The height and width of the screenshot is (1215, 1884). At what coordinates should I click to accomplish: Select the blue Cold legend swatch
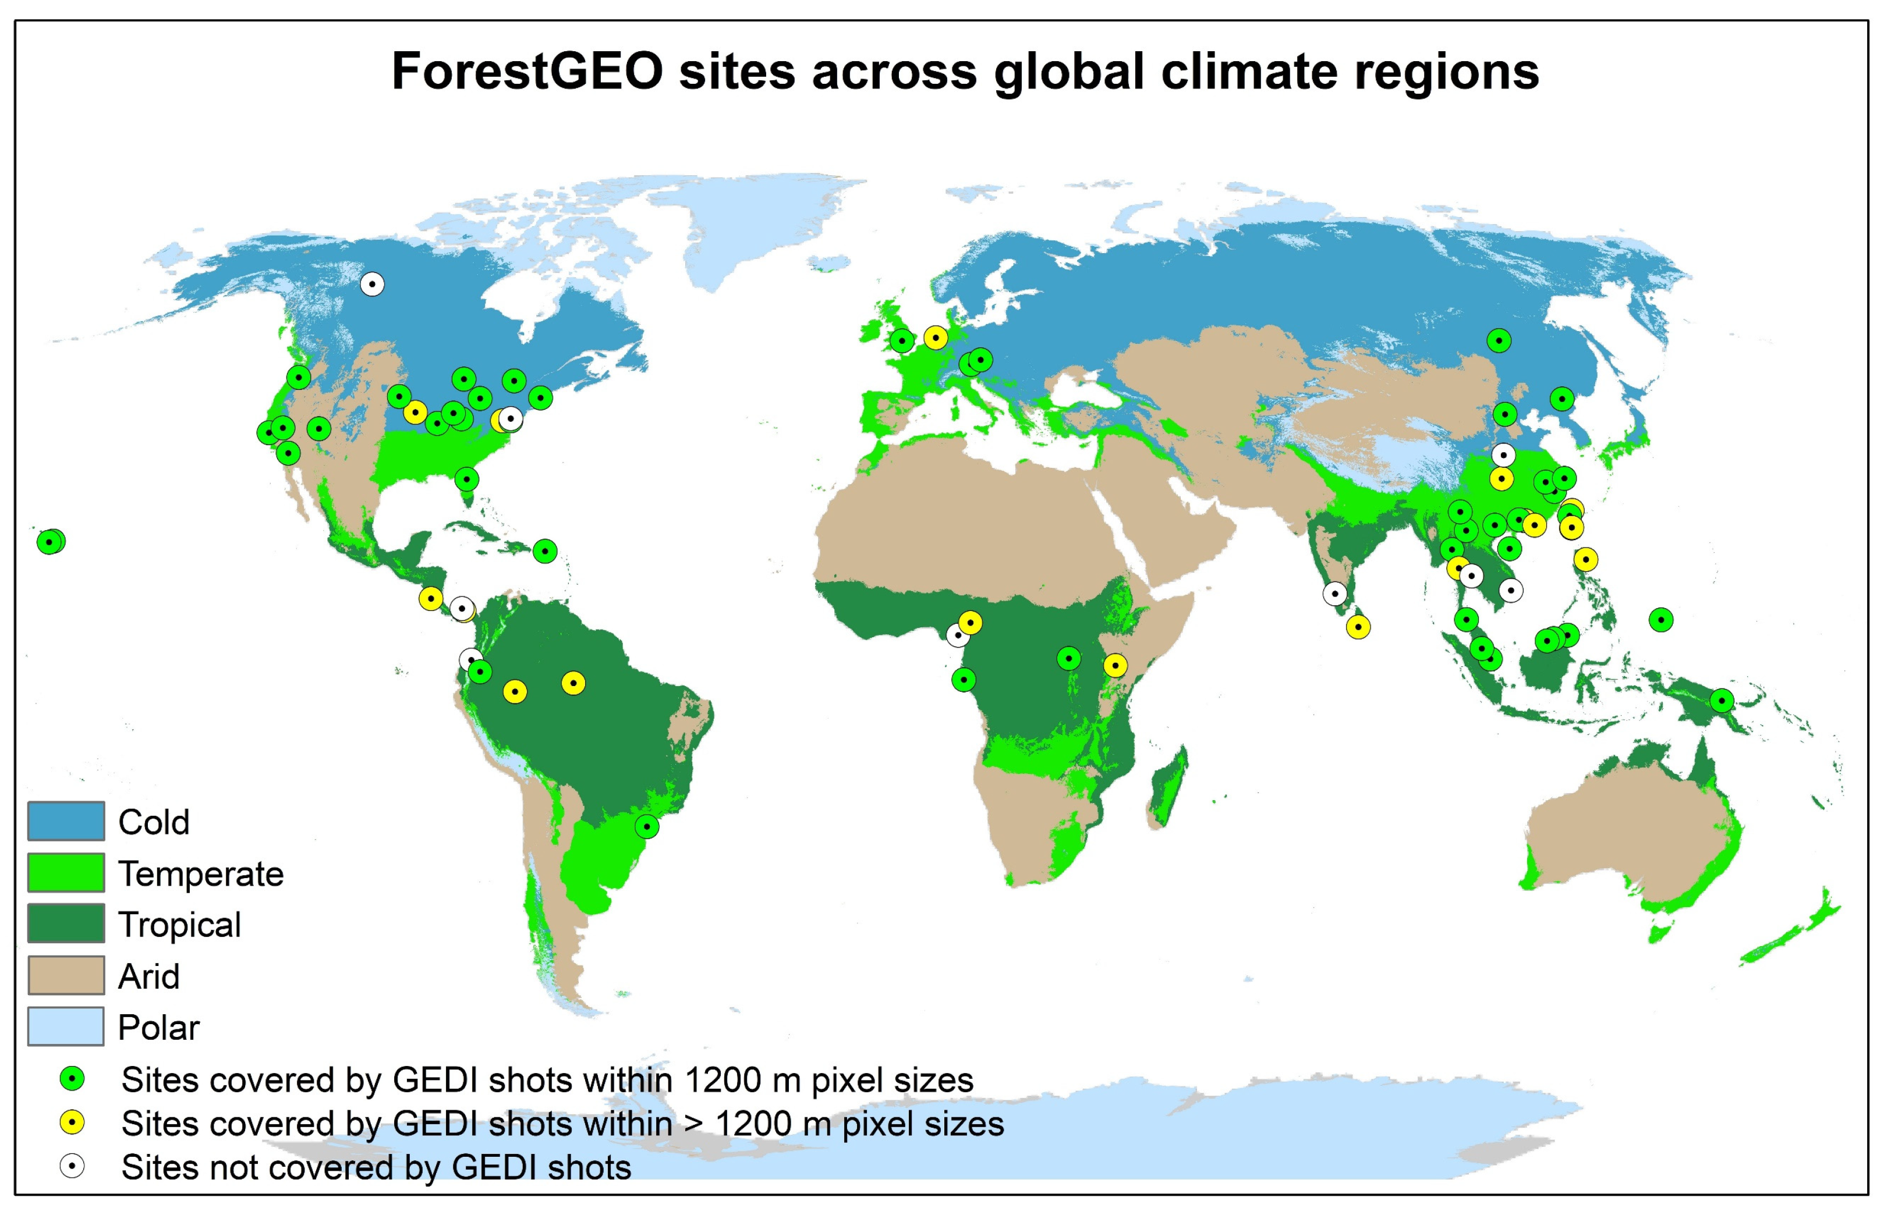pyautogui.click(x=66, y=821)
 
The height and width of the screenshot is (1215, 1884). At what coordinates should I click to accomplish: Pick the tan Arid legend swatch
pyautogui.click(x=66, y=976)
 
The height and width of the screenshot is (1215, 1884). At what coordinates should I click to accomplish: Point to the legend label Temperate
pyautogui.click(x=200, y=873)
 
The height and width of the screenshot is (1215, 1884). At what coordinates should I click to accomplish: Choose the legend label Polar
pyautogui.click(x=158, y=1027)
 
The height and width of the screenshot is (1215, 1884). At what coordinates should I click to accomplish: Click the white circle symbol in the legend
pyautogui.click(x=72, y=1166)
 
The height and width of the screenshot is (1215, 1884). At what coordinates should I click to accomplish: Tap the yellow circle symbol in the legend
pyautogui.click(x=72, y=1122)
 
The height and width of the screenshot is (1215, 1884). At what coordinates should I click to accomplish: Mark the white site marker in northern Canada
pyautogui.click(x=373, y=284)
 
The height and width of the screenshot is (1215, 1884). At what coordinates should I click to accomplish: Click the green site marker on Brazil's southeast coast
pyautogui.click(x=646, y=827)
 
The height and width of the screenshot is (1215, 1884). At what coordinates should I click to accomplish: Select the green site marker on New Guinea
pyautogui.click(x=1722, y=701)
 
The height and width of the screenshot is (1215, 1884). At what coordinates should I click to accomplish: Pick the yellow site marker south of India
pyautogui.click(x=1358, y=627)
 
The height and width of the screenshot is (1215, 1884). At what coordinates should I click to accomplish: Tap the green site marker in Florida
pyautogui.click(x=466, y=479)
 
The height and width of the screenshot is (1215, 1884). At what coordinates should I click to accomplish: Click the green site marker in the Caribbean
pyautogui.click(x=544, y=550)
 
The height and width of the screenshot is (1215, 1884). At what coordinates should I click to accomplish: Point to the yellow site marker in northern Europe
pyautogui.click(x=935, y=337)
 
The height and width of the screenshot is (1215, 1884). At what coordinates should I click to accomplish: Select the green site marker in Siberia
pyautogui.click(x=1499, y=341)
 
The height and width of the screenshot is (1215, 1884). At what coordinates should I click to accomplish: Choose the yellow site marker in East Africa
pyautogui.click(x=1114, y=666)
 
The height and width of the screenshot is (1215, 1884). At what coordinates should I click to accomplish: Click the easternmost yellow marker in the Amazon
pyautogui.click(x=573, y=683)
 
